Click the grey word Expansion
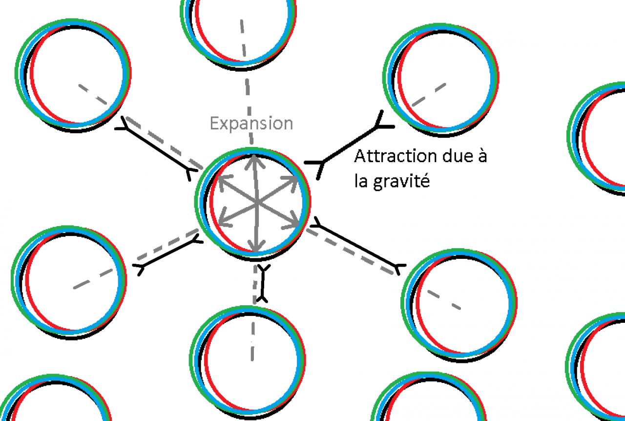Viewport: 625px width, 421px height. pyautogui.click(x=251, y=123)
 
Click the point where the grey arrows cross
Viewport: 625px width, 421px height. pyautogui.click(x=256, y=203)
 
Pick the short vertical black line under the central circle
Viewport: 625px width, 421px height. pyautogui.click(x=263, y=283)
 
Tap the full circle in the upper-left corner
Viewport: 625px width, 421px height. pyautogui.click(x=73, y=73)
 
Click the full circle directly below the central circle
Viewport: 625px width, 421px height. pyautogui.click(x=247, y=359)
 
